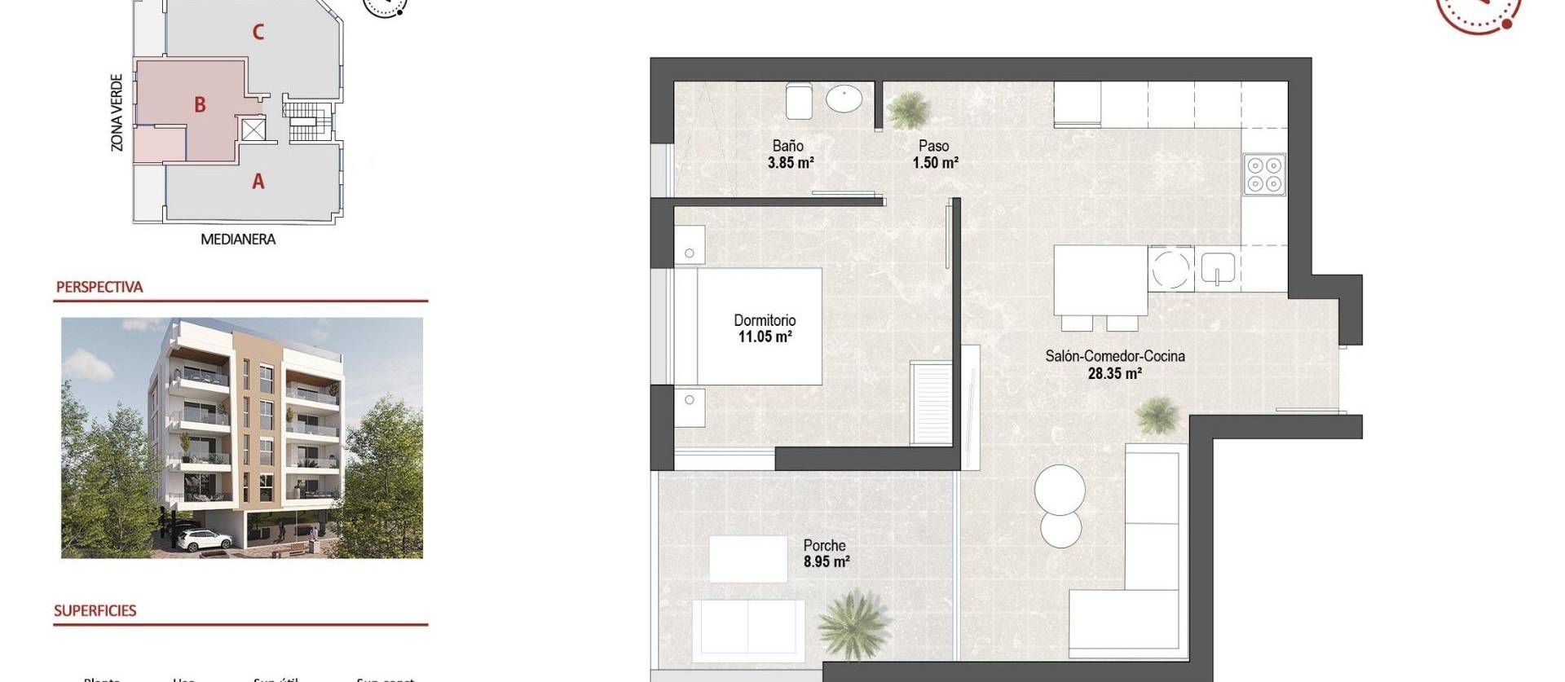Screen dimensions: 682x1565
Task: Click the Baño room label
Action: pyautogui.click(x=787, y=146)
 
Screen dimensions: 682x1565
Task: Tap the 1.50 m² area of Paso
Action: pyautogui.click(x=935, y=163)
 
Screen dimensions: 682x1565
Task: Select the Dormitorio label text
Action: pyautogui.click(x=764, y=320)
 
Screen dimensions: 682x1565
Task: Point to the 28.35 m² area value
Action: pyautogui.click(x=1114, y=374)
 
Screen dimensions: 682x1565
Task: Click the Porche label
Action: pyautogui.click(x=824, y=545)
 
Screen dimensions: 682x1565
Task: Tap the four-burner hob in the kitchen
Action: pyautogui.click(x=1264, y=174)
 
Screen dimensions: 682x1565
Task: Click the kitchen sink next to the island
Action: pyautogui.click(x=1217, y=268)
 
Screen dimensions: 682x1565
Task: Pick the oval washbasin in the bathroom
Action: pyautogui.click(x=844, y=99)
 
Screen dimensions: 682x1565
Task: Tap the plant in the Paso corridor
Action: pyautogui.click(x=907, y=110)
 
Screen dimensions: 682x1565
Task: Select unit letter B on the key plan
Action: pyautogui.click(x=200, y=105)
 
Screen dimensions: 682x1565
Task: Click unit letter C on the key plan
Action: pyautogui.click(x=258, y=33)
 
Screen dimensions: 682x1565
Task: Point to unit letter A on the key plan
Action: pyautogui.click(x=258, y=182)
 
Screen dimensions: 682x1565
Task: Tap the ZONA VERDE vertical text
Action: pyautogui.click(x=117, y=112)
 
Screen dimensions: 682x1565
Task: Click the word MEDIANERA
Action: pyautogui.click(x=238, y=240)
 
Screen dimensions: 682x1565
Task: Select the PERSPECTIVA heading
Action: pyautogui.click(x=99, y=287)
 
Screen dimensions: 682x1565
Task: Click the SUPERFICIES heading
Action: pyautogui.click(x=95, y=610)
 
